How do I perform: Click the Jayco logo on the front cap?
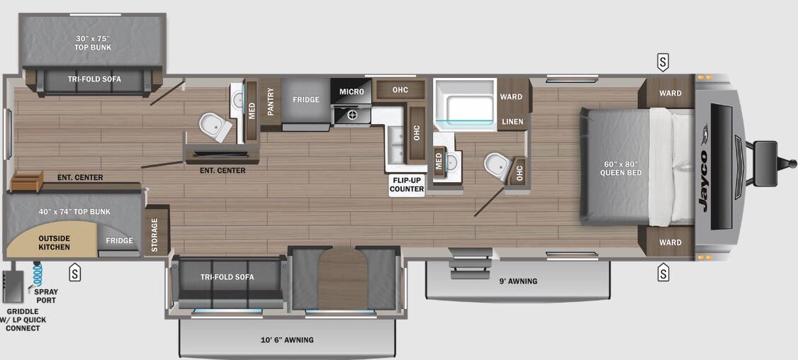pos(704,168)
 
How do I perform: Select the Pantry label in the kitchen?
pos(270,100)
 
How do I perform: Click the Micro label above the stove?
pos(352,91)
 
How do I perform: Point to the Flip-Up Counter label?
pos(407,184)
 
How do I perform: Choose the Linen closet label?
pos(512,122)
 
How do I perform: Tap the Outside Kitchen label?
pos(55,242)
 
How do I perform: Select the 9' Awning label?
pos(518,281)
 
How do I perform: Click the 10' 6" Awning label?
pos(287,340)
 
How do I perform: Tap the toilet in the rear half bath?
pos(213,126)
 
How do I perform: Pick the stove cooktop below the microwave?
pos(350,113)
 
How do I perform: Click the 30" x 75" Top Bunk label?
pos(93,43)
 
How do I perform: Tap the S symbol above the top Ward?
pos(663,62)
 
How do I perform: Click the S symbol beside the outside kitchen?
pos(74,272)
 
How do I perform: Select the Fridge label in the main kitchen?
pos(306,100)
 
